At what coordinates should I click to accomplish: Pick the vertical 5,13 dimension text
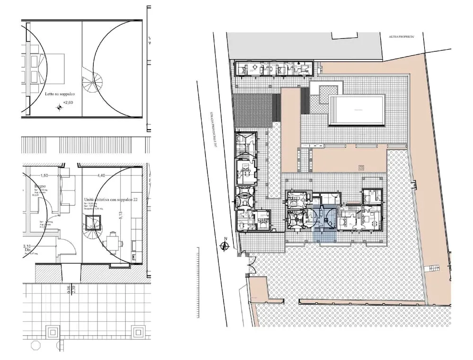point(121,215)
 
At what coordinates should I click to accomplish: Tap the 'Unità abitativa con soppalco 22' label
point(111,200)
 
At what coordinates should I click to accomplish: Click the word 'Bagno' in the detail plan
point(39,186)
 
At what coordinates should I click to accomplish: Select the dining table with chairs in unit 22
point(114,243)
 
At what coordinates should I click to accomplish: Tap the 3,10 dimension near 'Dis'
point(27,246)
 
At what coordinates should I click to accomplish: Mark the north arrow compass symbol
point(226,246)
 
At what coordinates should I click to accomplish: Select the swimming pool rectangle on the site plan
point(357,110)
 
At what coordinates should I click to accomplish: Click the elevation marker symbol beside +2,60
point(59,107)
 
